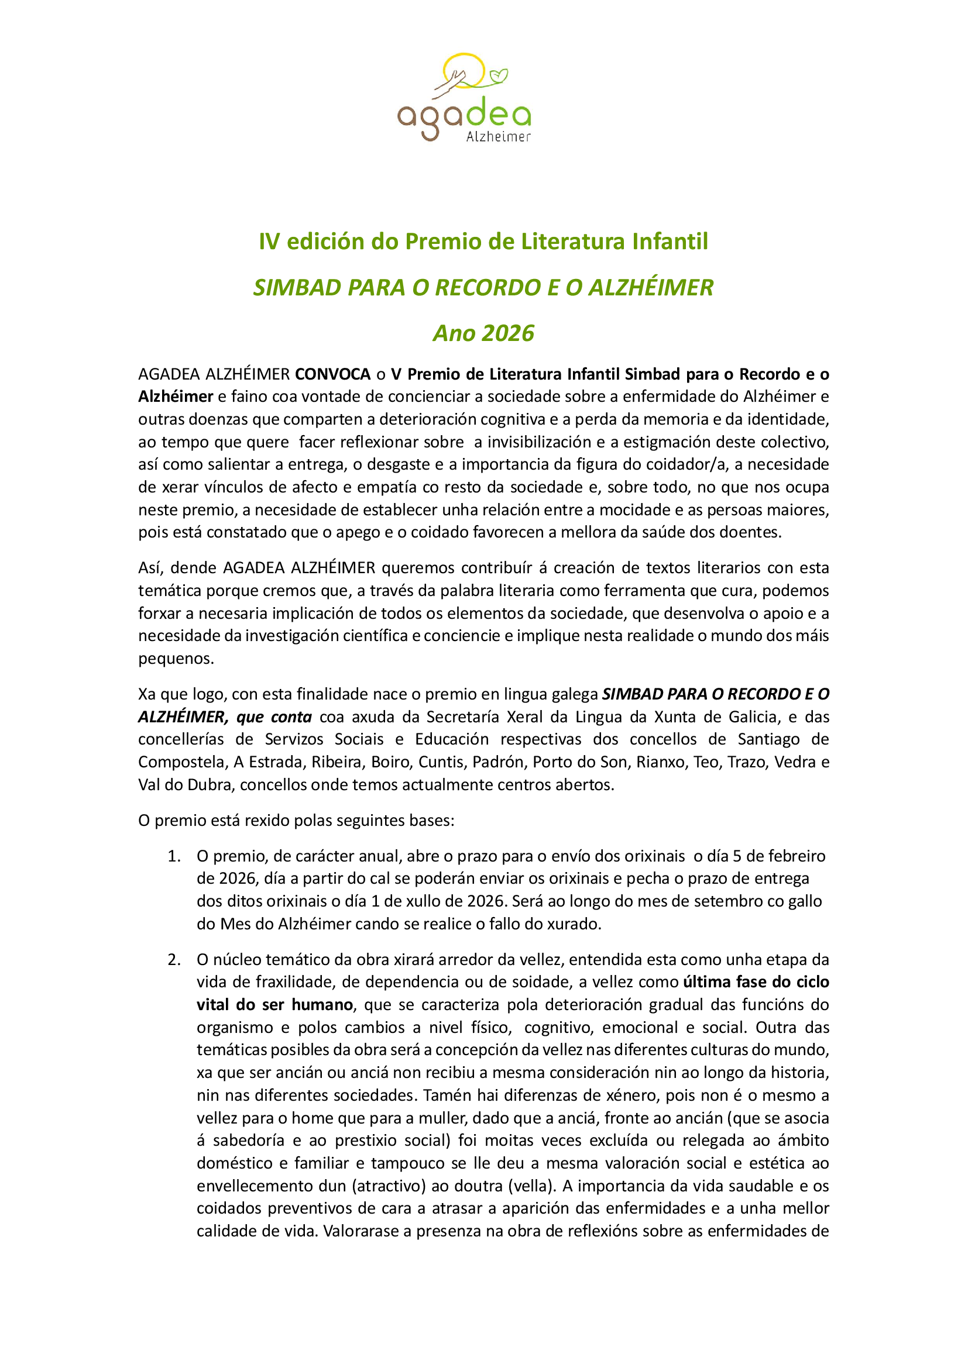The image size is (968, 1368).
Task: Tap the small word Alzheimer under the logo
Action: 497,137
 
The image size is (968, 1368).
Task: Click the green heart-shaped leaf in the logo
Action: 498,75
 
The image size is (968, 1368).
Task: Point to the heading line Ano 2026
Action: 483,333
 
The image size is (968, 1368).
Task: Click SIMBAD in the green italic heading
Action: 297,287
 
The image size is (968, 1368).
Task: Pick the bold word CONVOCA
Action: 332,374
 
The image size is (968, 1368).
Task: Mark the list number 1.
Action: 173,856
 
